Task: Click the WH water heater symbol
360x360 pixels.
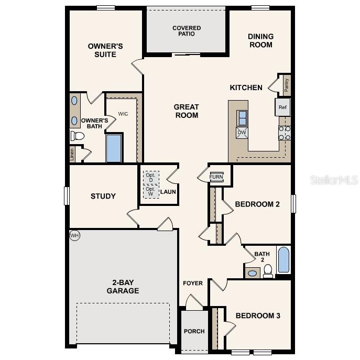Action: click(x=74, y=236)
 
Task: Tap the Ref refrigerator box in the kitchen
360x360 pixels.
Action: click(x=282, y=107)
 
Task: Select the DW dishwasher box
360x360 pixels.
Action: click(x=242, y=133)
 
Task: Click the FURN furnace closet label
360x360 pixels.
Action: click(x=216, y=177)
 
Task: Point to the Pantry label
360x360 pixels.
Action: click(x=286, y=84)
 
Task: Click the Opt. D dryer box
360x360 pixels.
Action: click(x=151, y=177)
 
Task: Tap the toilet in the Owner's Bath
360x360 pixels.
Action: click(x=78, y=136)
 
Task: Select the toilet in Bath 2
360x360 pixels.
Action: click(x=268, y=270)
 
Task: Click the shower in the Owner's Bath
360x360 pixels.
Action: click(x=114, y=148)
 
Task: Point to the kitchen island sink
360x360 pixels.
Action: click(x=242, y=118)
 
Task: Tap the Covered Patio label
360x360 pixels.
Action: click(x=187, y=31)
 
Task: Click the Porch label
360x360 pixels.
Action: click(x=194, y=331)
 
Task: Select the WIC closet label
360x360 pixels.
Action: click(x=123, y=114)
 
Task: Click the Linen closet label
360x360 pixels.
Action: click(x=72, y=155)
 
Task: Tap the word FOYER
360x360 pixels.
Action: click(x=193, y=283)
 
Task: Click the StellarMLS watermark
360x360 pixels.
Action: click(x=334, y=180)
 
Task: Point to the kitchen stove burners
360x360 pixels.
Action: click(x=285, y=133)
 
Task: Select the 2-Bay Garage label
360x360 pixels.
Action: click(x=123, y=286)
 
